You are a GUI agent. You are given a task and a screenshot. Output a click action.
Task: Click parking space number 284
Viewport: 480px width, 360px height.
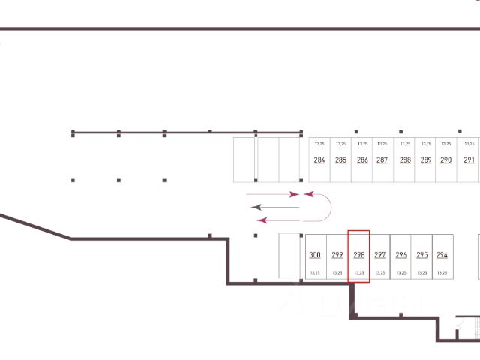319,160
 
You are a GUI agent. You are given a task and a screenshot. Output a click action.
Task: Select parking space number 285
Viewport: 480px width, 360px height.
340,160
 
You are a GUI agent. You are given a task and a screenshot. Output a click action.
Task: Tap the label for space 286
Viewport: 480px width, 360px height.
362,160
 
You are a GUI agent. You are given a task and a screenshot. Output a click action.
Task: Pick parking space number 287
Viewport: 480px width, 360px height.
382,160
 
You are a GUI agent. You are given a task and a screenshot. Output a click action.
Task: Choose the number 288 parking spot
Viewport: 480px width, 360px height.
405,160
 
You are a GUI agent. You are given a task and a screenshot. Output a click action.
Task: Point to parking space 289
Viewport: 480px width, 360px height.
426,160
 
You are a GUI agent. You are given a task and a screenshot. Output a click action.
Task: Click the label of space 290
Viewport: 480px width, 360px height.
446,160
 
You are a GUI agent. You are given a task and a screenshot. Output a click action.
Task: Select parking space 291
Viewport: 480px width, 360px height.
469,160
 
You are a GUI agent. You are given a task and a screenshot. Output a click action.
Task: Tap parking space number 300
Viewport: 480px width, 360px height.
315,255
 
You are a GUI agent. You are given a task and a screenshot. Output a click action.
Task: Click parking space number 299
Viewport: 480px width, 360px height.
337,255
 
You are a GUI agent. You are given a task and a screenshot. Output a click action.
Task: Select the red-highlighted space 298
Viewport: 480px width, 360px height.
359,255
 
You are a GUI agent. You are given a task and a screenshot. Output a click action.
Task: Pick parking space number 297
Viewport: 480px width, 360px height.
380,255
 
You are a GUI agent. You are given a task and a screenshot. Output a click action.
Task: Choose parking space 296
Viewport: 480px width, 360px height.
401,255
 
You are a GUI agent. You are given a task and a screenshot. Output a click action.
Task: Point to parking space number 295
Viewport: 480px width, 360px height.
422,255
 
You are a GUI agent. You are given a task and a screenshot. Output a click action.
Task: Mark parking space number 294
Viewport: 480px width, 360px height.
442,255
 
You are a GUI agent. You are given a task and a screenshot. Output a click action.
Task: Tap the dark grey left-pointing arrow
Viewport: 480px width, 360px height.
274,206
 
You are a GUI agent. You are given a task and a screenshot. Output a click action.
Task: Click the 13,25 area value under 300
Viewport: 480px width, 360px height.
315,273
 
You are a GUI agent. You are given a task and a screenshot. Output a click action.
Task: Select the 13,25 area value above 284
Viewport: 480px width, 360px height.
319,143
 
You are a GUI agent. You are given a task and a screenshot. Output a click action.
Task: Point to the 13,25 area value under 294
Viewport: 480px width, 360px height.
442,273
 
